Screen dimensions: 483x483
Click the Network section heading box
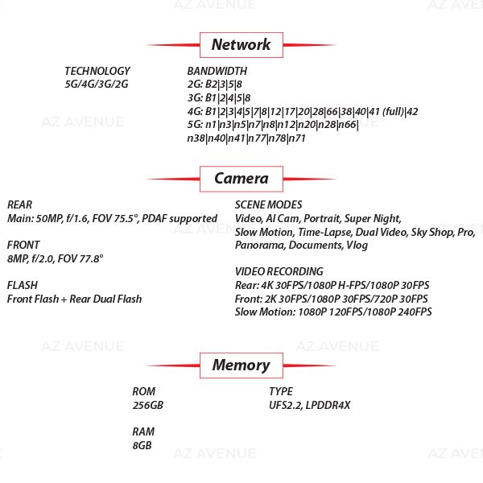coord(241,44)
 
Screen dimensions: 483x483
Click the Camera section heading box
coord(241,178)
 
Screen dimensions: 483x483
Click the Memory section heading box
coord(241,365)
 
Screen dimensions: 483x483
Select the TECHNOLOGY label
coord(97,71)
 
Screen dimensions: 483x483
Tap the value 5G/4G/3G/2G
coord(96,84)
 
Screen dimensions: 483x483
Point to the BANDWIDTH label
coord(217,71)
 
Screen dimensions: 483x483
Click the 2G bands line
coord(215,84)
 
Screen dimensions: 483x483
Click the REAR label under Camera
coord(19,204)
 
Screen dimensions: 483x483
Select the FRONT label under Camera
coord(23,245)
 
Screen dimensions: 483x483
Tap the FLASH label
coord(22,285)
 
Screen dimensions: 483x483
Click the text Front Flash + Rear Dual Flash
coord(74,299)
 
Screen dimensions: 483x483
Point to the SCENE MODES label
coord(268,204)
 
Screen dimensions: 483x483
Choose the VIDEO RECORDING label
coord(279,271)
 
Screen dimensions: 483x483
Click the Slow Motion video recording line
coord(333,312)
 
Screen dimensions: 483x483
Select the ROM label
coord(143,391)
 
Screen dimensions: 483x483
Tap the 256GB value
coord(147,405)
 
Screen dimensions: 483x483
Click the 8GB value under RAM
coord(142,445)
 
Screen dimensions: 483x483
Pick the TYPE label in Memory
coord(281,391)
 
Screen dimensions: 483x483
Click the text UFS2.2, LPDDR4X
coord(310,405)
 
